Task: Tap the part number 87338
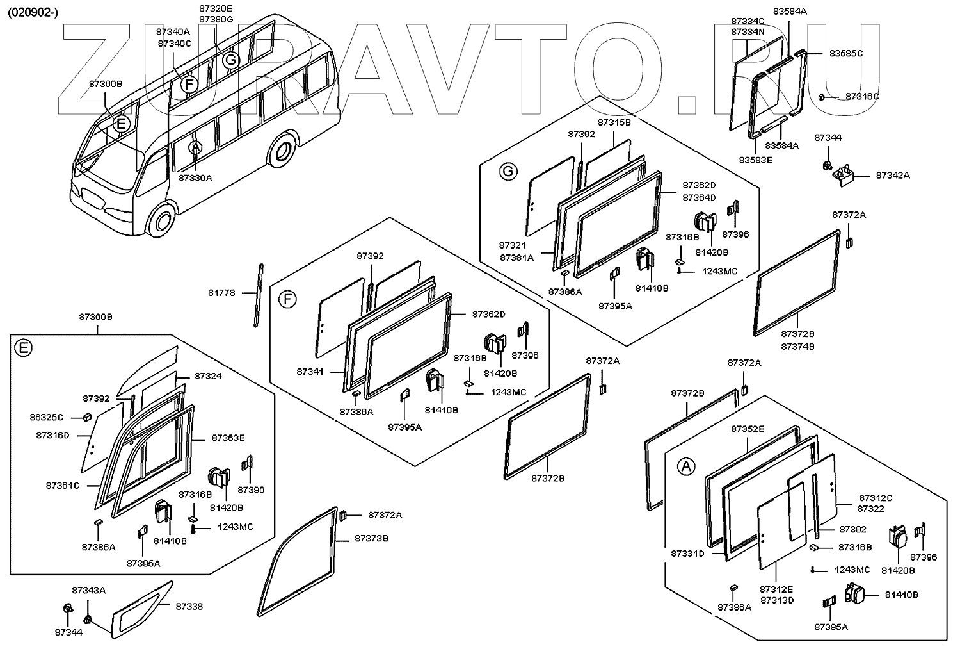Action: pos(189,606)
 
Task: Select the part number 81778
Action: pos(221,293)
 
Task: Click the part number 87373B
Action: pos(372,538)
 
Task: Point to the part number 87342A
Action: pos(893,175)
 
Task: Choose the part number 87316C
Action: pos(862,96)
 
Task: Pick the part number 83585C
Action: pos(846,53)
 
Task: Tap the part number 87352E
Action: pos(748,429)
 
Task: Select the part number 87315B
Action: pos(614,122)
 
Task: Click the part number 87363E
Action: pos(228,438)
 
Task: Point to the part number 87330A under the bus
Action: pos(195,178)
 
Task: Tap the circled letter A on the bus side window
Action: pos(196,148)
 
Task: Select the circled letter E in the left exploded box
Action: pos(23,348)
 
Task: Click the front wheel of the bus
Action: pos(161,220)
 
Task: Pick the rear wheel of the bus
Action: pos(281,151)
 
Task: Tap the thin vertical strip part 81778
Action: pos(258,295)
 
